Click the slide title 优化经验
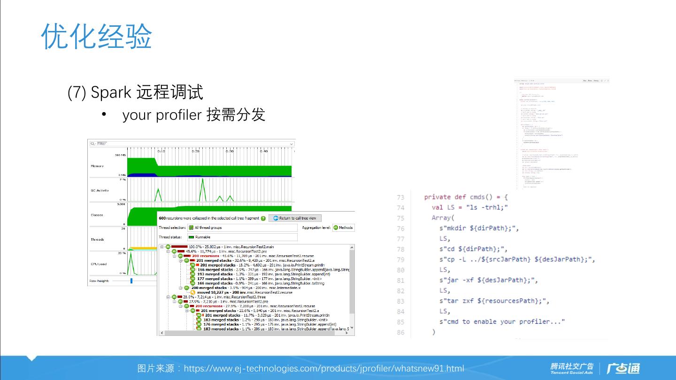[97, 36]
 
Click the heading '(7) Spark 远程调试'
[135, 92]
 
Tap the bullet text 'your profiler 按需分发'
[193, 114]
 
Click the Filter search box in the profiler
[192, 144]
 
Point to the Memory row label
[97, 166]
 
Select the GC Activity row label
[100, 190]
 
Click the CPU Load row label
[99, 264]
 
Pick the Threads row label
[97, 239]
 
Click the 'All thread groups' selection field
[242, 228]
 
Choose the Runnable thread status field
[242, 237]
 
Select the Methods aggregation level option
[343, 228]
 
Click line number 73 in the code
[400, 198]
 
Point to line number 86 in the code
[400, 332]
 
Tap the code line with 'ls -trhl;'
[470, 207]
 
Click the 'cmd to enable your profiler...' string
[502, 321]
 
